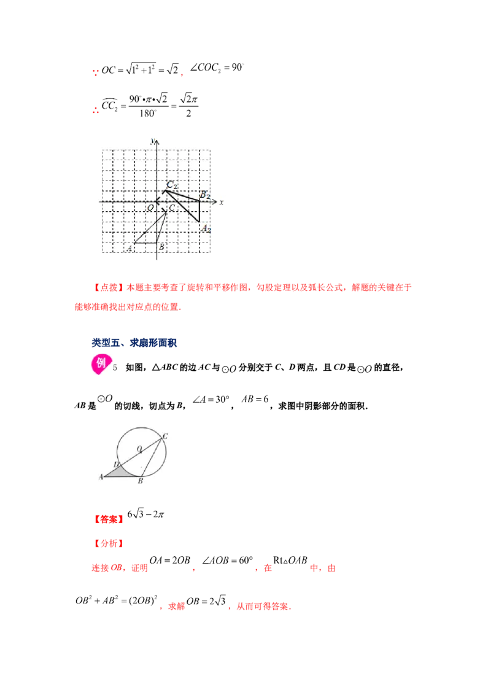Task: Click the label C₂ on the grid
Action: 172,185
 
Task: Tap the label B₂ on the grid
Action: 205,195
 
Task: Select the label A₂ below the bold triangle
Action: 206,229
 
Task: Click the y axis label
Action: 152,141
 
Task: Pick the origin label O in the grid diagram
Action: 150,209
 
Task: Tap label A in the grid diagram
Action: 130,248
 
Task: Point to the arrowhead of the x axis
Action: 214,201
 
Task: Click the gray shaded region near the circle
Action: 116,472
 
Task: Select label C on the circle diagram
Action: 166,436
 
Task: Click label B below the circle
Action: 141,481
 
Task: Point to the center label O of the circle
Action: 139,448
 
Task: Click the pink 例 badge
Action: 101,363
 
